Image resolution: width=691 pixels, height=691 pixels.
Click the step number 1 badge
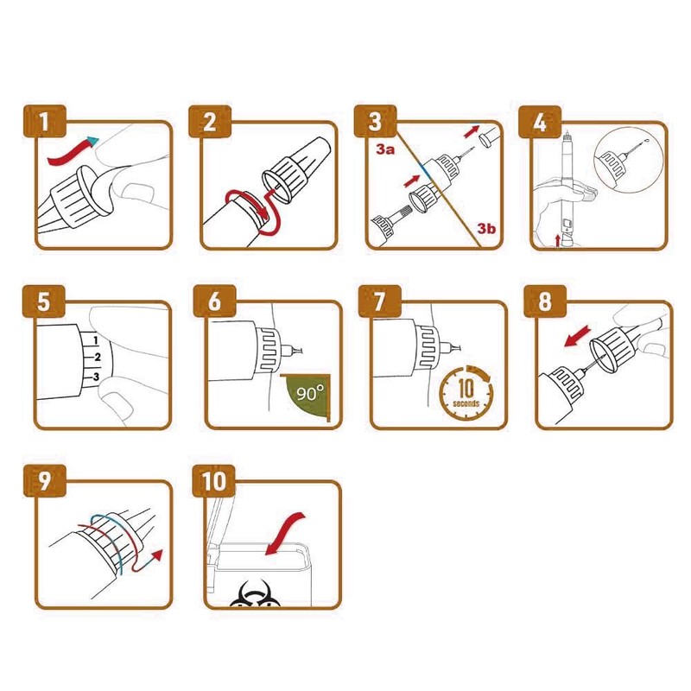pos(44,122)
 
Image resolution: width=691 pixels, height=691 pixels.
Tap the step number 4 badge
pos(540,122)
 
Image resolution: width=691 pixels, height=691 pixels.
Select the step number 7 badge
pos(380,301)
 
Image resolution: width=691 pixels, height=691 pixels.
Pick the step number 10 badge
pos(214,481)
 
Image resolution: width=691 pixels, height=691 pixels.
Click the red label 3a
pos(385,149)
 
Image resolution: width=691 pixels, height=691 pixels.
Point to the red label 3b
pos(486,228)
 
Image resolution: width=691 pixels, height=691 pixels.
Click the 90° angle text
pos(310,393)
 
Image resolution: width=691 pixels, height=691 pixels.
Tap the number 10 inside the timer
pos(466,388)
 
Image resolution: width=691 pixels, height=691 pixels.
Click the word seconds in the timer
pos(466,403)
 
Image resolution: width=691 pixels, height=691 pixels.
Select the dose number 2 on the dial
pos(98,357)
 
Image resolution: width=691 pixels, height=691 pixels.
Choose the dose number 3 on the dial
pos(97,377)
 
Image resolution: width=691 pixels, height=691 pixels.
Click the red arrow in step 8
pos(578,336)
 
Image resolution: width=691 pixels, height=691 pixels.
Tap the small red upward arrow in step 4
pos(558,241)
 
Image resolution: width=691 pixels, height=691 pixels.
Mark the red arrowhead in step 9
pos(156,555)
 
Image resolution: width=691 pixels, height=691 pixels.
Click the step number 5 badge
pos(44,301)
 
